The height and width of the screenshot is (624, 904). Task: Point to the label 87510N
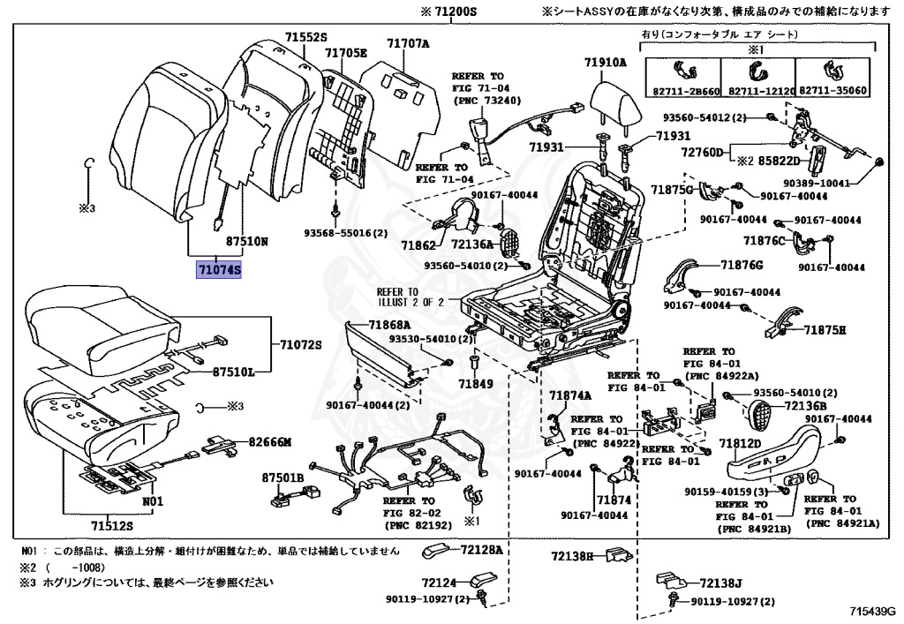(x=246, y=240)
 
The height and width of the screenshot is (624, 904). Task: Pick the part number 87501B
(x=282, y=477)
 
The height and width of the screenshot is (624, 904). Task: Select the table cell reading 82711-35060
(x=833, y=91)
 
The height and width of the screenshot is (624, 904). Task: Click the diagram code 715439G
(x=872, y=610)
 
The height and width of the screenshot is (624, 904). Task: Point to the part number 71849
(x=475, y=384)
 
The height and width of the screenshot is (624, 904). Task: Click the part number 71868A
(x=390, y=324)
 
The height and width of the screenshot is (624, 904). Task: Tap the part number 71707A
(x=407, y=43)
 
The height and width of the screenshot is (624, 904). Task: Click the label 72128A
(x=480, y=550)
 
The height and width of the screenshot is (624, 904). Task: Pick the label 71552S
(x=305, y=37)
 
